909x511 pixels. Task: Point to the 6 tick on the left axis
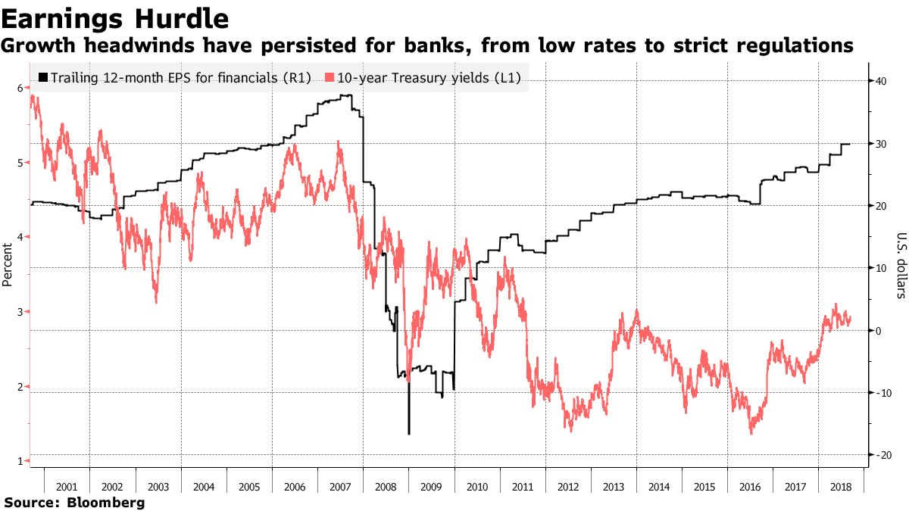pyautogui.click(x=20, y=88)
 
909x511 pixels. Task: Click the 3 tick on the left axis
pyautogui.click(x=20, y=311)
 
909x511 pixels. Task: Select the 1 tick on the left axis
pyautogui.click(x=20, y=460)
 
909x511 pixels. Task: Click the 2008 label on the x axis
pyautogui.click(x=386, y=487)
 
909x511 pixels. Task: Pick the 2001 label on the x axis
pyautogui.click(x=67, y=487)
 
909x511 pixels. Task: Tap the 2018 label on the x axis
pyautogui.click(x=840, y=487)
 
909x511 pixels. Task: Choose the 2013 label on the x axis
pyautogui.click(x=614, y=487)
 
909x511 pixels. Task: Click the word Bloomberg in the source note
pyautogui.click(x=106, y=503)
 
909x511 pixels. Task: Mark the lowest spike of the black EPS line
pyautogui.click(x=409, y=433)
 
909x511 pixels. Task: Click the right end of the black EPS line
pyautogui.click(x=850, y=144)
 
